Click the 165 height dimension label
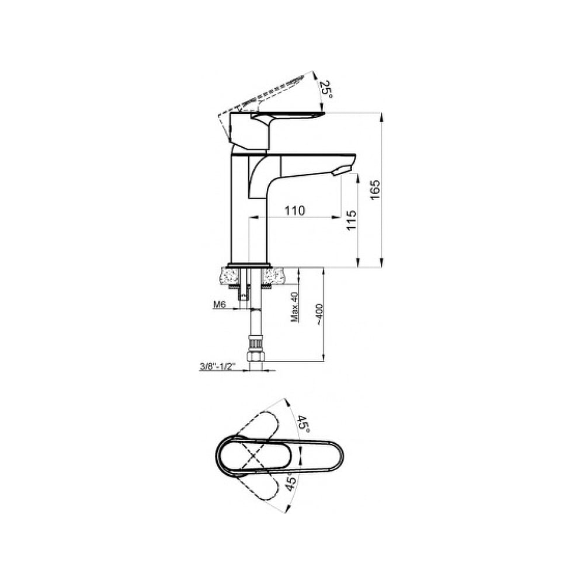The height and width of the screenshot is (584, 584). pyautogui.click(x=376, y=189)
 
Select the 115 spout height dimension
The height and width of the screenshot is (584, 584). pyautogui.click(x=352, y=220)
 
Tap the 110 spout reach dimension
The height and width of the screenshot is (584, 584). pyautogui.click(x=295, y=211)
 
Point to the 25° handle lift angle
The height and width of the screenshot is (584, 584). pyautogui.click(x=326, y=90)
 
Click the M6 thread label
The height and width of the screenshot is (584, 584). pyautogui.click(x=220, y=305)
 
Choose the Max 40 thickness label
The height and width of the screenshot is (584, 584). pyautogui.click(x=295, y=307)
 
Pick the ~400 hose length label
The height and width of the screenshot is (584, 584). pyautogui.click(x=319, y=315)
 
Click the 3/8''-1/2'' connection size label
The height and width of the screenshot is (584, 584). pyautogui.click(x=216, y=367)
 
